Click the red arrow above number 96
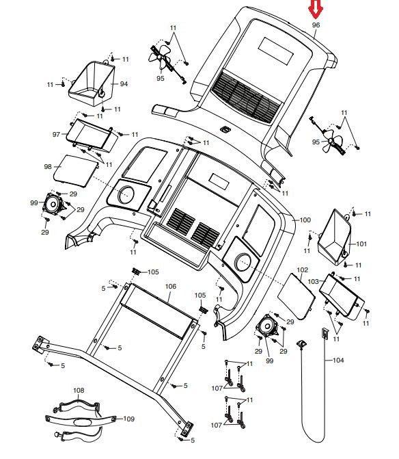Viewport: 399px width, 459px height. pyautogui.click(x=316, y=9)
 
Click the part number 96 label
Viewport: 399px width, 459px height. pyautogui.click(x=316, y=25)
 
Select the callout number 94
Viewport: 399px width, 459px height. pyautogui.click(x=124, y=84)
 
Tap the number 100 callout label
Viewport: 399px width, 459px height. pyautogui.click(x=305, y=220)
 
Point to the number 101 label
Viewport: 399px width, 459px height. pyautogui.click(x=361, y=244)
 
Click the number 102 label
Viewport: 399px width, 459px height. pyautogui.click(x=302, y=270)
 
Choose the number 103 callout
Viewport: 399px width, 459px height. pyautogui.click(x=313, y=282)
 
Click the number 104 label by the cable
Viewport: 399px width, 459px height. pyautogui.click(x=338, y=360)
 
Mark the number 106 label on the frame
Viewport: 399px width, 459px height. pyautogui.click(x=171, y=287)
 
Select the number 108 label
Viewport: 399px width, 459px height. pyautogui.click(x=79, y=390)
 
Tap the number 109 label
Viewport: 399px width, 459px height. pyautogui.click(x=128, y=419)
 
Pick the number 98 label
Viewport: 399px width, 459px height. pyautogui.click(x=48, y=166)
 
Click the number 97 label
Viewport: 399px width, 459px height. pyautogui.click(x=56, y=134)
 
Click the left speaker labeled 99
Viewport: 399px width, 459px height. pyautogui.click(x=53, y=204)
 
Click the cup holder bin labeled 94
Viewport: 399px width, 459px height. pyautogui.click(x=92, y=83)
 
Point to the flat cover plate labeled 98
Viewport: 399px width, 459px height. pyautogui.click(x=76, y=171)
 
